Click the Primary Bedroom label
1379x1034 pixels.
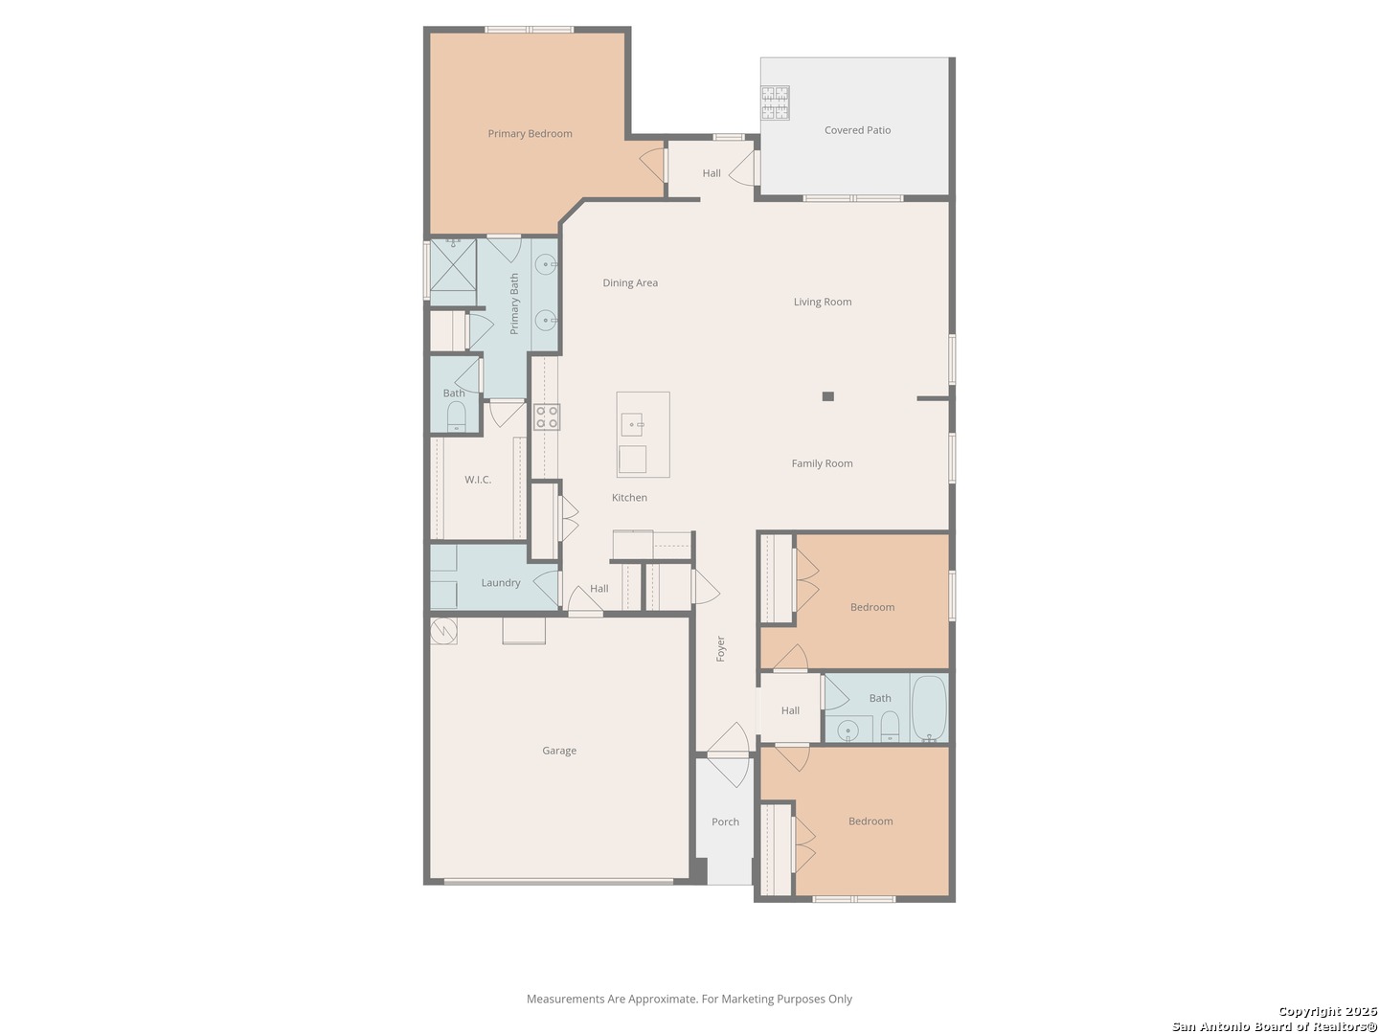point(530,133)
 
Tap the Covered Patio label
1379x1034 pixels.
point(857,130)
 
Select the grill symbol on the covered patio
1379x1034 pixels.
point(775,103)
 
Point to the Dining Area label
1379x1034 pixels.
point(630,282)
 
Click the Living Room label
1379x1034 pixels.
point(823,302)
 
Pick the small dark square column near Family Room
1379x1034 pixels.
point(827,395)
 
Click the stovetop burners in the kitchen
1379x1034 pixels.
point(546,416)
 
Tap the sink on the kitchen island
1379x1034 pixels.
point(631,424)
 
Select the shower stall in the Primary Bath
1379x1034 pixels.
point(453,264)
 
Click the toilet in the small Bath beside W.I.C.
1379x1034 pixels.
point(456,416)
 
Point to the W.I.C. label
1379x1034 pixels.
point(478,479)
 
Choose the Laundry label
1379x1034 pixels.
point(500,583)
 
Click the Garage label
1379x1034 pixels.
point(558,750)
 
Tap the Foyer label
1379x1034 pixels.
point(720,648)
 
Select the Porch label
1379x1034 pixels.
point(725,821)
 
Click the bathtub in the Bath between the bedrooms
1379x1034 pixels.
point(929,708)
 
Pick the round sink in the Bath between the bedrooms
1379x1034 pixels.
point(848,731)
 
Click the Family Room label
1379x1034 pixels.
point(822,463)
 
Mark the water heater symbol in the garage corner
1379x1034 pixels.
point(443,631)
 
